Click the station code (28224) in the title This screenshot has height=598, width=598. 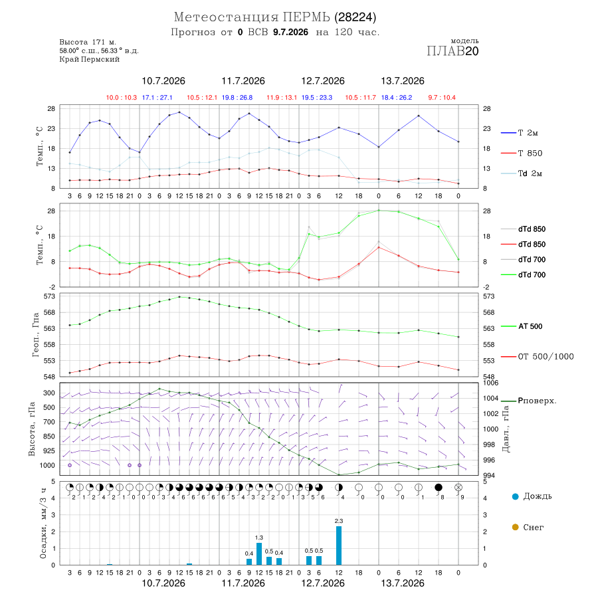pos(355,17)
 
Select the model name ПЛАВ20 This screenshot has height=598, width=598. pos(452,51)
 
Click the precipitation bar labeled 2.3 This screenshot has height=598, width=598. pos(339,546)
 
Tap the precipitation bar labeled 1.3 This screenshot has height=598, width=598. pos(259,553)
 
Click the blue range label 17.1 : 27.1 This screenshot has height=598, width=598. pos(157,98)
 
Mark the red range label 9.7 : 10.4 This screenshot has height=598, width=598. pos(442,98)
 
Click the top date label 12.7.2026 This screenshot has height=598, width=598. pos(323,81)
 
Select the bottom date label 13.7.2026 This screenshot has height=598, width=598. pos(403,583)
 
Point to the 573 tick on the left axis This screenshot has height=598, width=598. pos(50,296)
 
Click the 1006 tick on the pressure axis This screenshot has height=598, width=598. pos(491,383)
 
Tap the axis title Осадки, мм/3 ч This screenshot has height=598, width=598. pos(43,524)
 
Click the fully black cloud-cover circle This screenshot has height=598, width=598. pos(439,488)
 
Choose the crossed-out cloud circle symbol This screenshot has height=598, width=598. pos(458,488)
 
